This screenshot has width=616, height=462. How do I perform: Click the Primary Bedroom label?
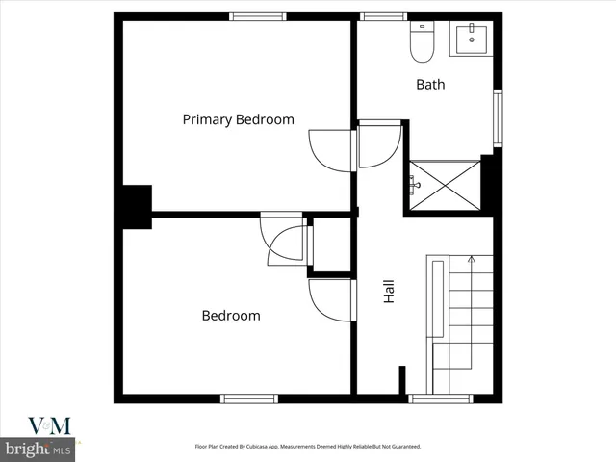(x=239, y=119)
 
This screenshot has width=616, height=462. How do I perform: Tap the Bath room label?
(x=430, y=85)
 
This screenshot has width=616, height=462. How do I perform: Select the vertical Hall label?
(x=389, y=293)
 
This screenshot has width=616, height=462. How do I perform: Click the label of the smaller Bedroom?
(x=230, y=316)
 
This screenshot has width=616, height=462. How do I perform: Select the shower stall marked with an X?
(x=445, y=183)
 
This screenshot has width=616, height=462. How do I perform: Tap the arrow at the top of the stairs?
(x=471, y=258)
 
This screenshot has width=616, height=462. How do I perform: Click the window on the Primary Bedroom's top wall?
(x=258, y=16)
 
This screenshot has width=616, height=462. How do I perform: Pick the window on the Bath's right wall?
(x=498, y=117)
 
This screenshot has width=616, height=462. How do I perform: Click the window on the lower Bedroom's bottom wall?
(x=249, y=398)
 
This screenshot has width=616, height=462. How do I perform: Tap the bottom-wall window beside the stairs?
(x=427, y=398)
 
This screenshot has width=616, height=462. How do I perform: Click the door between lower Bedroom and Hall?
(x=329, y=300)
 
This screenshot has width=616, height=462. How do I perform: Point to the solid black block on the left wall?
(x=134, y=206)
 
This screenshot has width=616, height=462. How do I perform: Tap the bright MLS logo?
(x=38, y=449)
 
